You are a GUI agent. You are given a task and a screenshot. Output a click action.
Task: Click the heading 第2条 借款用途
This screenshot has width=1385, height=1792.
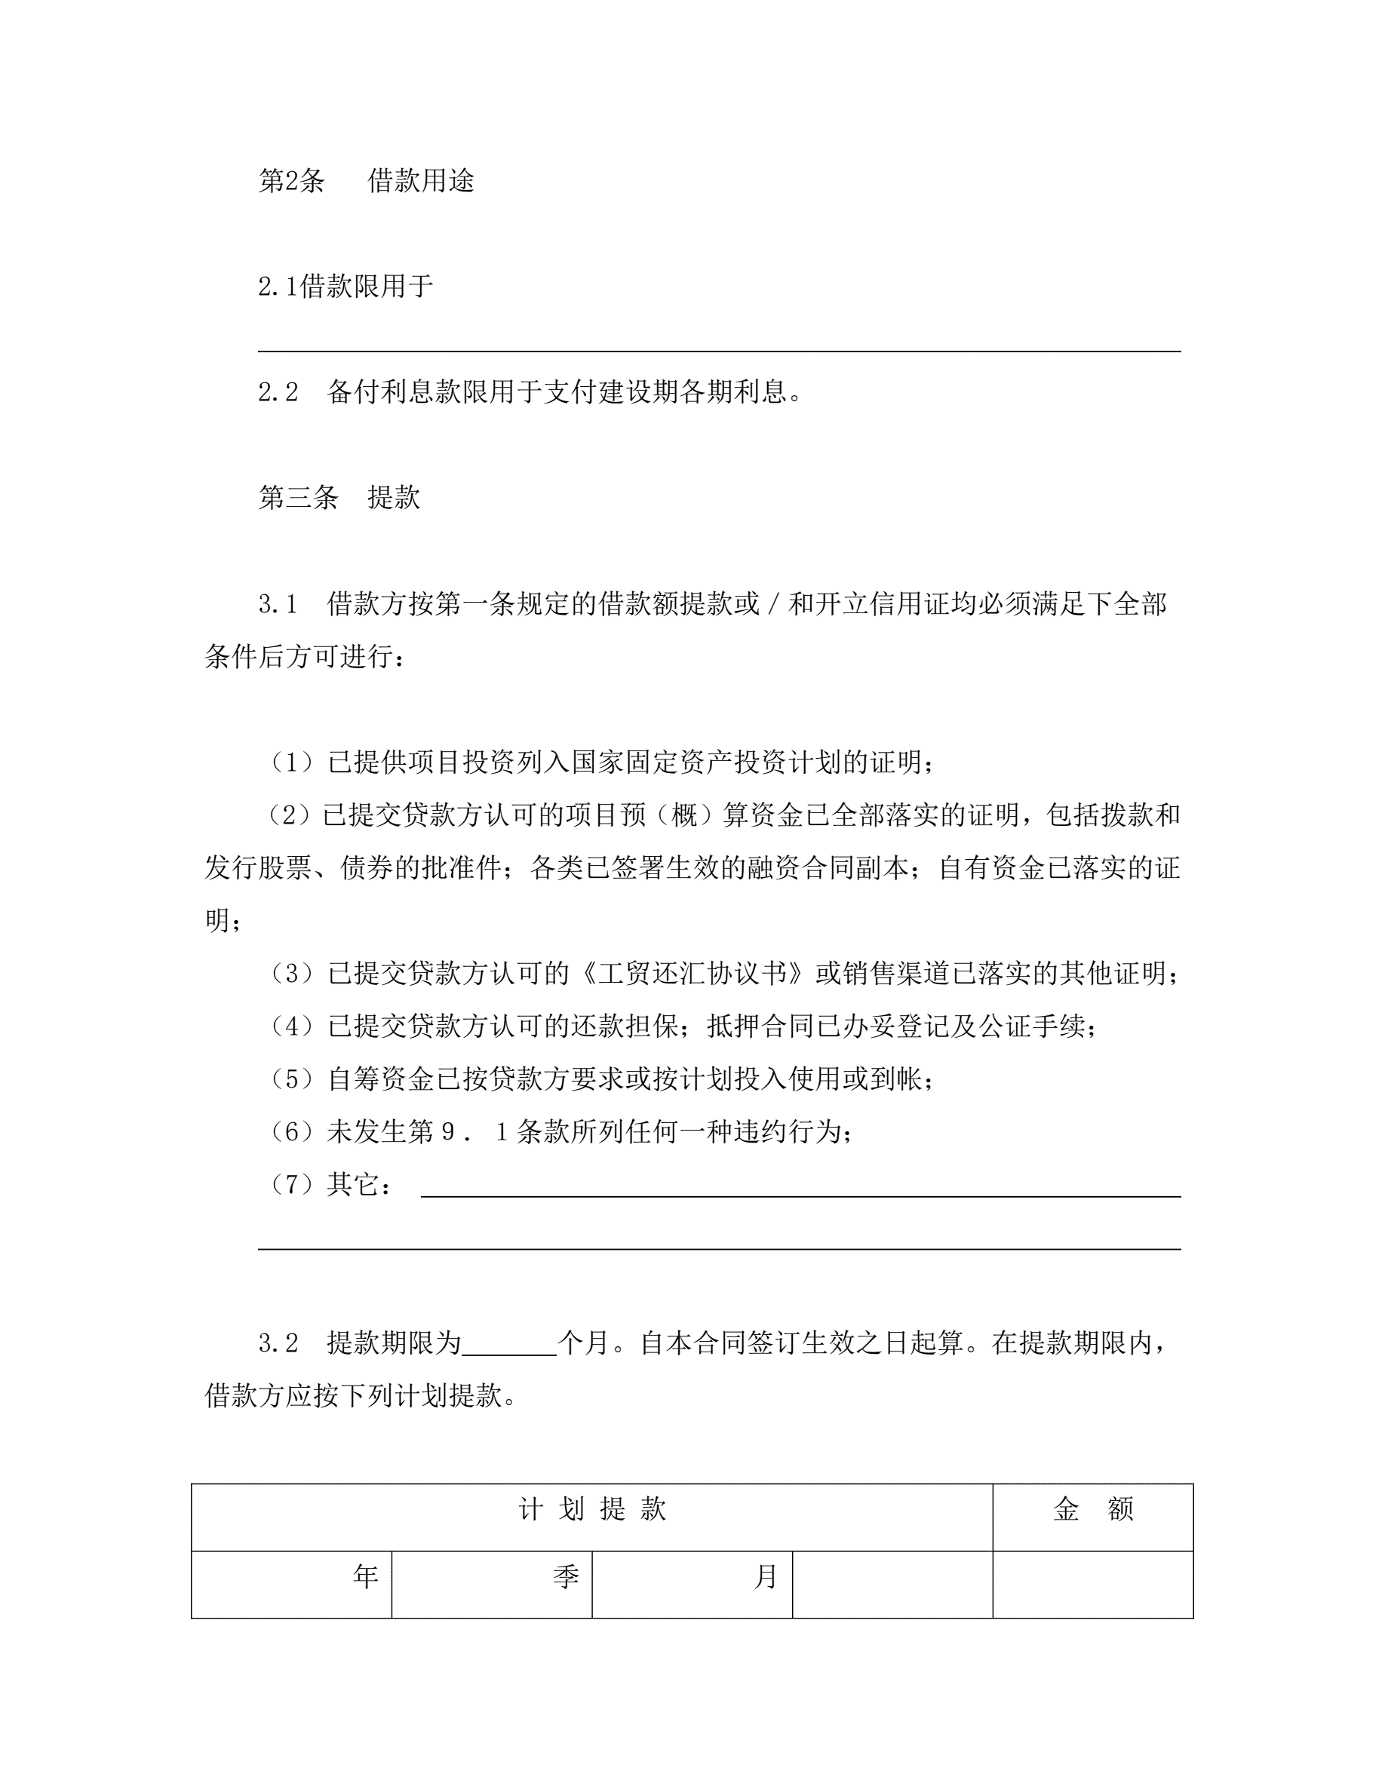[366, 180]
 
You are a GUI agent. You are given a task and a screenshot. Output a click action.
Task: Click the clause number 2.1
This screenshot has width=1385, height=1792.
[278, 287]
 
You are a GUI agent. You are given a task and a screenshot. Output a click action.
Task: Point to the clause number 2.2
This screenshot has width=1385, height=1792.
[278, 392]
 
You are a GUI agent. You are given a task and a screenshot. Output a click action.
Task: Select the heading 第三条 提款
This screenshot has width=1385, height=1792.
[339, 497]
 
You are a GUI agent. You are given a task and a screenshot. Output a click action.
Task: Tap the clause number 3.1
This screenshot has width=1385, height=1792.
[278, 605]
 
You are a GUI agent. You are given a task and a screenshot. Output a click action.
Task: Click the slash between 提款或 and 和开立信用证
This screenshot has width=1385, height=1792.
[774, 605]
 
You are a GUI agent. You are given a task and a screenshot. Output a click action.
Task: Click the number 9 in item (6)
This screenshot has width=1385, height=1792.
[448, 1132]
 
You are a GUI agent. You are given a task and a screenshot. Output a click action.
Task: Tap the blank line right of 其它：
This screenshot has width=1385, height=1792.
[800, 1195]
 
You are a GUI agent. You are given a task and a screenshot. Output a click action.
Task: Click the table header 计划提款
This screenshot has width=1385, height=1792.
[591, 1510]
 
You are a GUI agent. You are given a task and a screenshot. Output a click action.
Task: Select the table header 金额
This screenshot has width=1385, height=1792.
[1093, 1510]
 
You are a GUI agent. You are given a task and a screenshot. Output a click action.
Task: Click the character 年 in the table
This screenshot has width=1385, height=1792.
[366, 1576]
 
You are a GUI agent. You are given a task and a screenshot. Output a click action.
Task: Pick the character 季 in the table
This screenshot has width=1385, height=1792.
[566, 1576]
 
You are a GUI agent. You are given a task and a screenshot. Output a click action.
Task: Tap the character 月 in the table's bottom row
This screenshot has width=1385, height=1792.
[766, 1576]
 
